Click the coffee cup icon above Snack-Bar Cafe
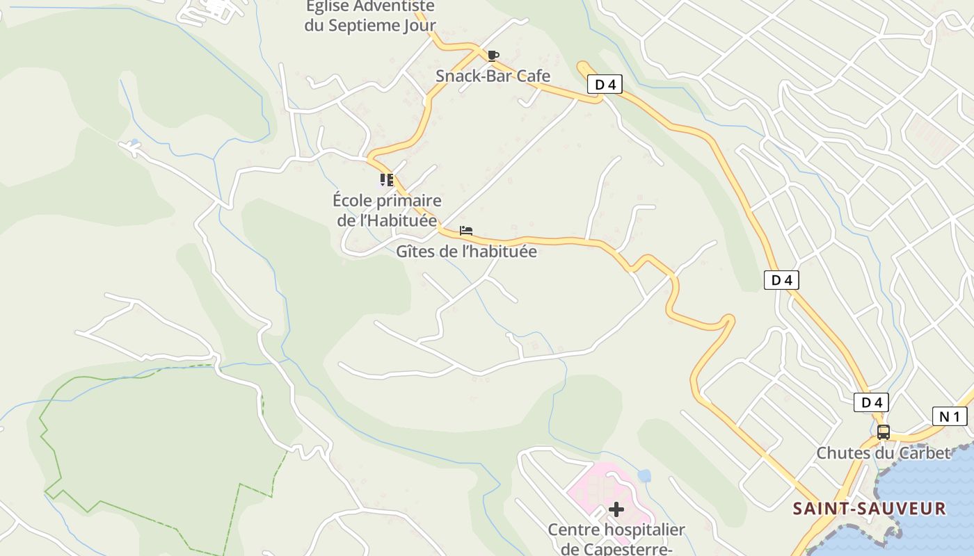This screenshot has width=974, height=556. pyautogui.click(x=493, y=56)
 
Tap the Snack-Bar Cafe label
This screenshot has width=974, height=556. pyautogui.click(x=493, y=76)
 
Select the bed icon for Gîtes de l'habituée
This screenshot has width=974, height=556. pyautogui.click(x=466, y=231)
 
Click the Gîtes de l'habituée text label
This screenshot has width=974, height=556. pyautogui.click(x=466, y=252)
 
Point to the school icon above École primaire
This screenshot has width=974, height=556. pyautogui.click(x=387, y=181)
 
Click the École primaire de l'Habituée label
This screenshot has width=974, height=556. pyautogui.click(x=387, y=211)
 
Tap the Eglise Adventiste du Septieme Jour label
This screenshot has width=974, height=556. pyautogui.click(x=370, y=16)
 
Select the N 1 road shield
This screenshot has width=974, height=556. pyautogui.click(x=950, y=416)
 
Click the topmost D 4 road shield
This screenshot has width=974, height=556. pyautogui.click(x=605, y=85)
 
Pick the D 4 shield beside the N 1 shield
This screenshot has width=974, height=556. pyautogui.click(x=871, y=402)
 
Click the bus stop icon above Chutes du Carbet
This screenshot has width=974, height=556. pyautogui.click(x=883, y=432)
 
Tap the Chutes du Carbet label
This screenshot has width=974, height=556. pyautogui.click(x=883, y=453)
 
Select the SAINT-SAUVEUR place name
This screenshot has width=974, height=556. pyautogui.click(x=870, y=509)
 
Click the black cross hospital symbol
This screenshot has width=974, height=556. pyautogui.click(x=616, y=509)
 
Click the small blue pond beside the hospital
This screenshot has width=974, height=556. pyautogui.click(x=644, y=475)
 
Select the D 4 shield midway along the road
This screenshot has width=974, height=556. pyautogui.click(x=781, y=280)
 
